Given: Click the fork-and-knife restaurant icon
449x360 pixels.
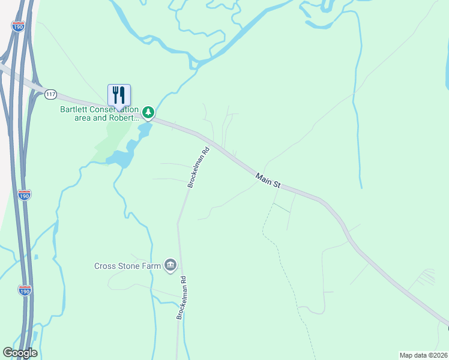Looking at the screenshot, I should coord(119,95).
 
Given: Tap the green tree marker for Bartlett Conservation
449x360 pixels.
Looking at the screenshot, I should coord(148,112).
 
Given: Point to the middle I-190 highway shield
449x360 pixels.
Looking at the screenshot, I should coord(25,194).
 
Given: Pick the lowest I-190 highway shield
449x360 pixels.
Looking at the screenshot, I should coord(25,290).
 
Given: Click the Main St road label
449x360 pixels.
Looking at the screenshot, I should coord(268,181).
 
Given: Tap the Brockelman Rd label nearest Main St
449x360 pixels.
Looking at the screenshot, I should coord(197,169).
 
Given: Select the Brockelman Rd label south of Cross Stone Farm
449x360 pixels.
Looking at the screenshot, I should coord(182,298).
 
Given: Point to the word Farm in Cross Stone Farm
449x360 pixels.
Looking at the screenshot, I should coord(151,266).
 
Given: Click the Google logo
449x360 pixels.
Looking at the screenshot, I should coord(19,353).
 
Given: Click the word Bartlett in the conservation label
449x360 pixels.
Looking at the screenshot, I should coord(75,109).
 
